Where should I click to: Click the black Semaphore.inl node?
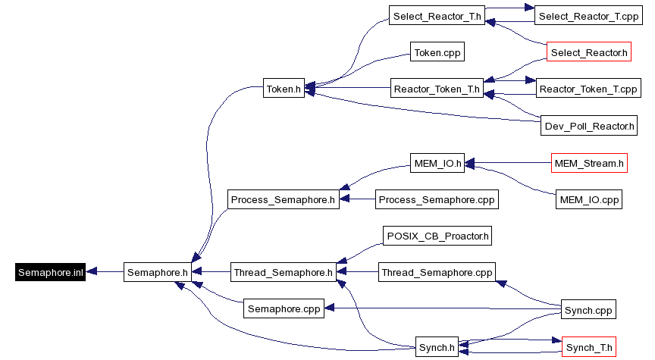[x=50, y=272]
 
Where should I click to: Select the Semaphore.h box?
[x=157, y=272]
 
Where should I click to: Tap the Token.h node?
[x=284, y=89]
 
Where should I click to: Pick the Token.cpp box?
[x=437, y=52]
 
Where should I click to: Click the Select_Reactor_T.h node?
[x=437, y=16]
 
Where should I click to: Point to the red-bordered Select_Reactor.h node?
[x=589, y=52]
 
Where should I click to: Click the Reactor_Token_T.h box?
[x=437, y=89]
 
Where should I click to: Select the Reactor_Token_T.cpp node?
[x=588, y=89]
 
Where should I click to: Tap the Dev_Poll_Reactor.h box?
[x=589, y=125]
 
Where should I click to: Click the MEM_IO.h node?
[x=437, y=162]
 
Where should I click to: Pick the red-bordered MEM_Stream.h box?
[x=589, y=162]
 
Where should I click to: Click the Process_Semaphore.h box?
[x=283, y=199]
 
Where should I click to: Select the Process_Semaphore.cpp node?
[x=437, y=199]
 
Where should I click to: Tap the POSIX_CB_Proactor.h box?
[x=437, y=236]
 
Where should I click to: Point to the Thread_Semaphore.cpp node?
[x=437, y=272]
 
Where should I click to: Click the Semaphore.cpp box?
[x=284, y=308]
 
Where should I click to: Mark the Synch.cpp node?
[x=588, y=309]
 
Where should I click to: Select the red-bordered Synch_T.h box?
[x=588, y=348]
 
